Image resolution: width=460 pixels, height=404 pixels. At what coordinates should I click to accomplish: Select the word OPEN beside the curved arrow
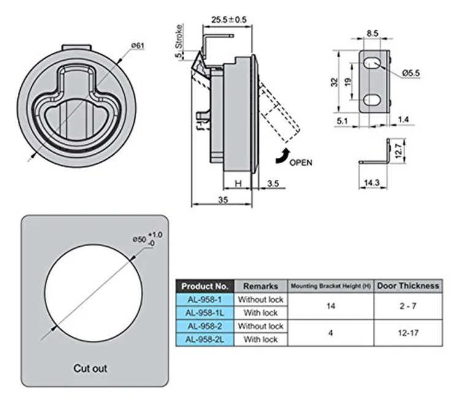(x=301, y=163)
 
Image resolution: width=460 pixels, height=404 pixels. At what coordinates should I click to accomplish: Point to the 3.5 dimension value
(x=274, y=182)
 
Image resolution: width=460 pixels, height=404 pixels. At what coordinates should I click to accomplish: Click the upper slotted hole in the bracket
(x=373, y=63)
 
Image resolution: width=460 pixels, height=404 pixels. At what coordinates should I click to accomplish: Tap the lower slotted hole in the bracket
(x=373, y=99)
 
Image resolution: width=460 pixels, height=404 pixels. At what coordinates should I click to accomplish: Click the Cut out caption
(x=90, y=368)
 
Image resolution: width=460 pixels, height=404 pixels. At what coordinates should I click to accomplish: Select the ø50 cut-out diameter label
(x=139, y=239)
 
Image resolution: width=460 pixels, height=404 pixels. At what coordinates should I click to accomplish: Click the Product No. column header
(x=205, y=286)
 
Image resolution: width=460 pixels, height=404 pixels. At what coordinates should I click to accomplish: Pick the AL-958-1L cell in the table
(x=205, y=313)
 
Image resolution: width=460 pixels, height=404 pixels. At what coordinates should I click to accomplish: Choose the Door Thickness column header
(x=408, y=286)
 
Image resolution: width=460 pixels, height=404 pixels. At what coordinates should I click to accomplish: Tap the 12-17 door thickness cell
(x=408, y=332)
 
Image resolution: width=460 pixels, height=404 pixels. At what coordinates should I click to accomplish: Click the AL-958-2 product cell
(x=205, y=326)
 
